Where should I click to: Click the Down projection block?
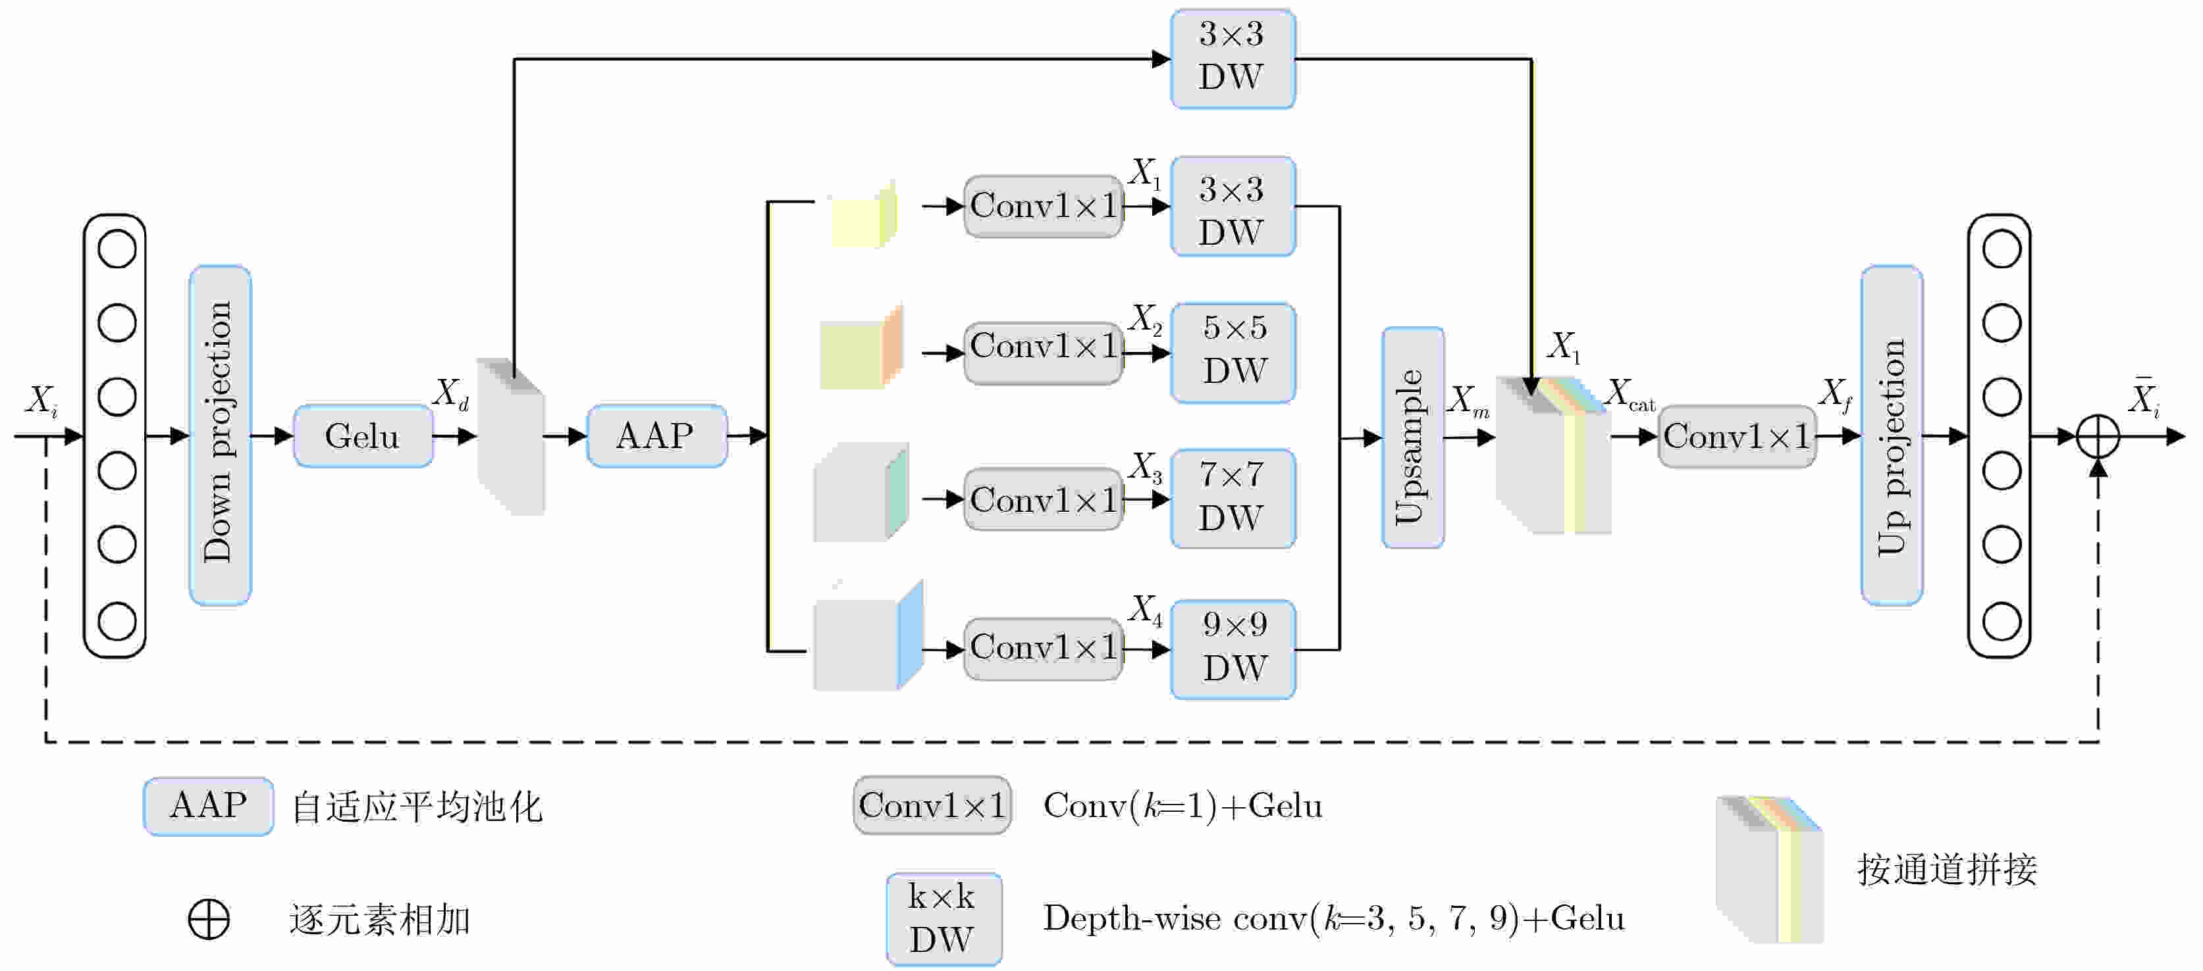coord(220,434)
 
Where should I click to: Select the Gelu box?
coord(363,436)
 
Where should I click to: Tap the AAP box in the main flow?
coord(656,436)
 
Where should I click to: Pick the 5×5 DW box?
coord(1233,351)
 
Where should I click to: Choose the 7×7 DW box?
coord(1233,497)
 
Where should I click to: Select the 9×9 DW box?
coord(1233,649)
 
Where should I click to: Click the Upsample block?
coord(1412,437)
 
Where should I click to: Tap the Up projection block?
coord(1891,434)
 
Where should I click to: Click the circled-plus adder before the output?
coord(2097,437)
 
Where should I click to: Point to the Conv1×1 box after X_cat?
coord(1736,437)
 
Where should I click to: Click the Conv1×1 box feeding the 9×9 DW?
coord(1042,649)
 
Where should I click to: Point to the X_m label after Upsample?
coord(1468,401)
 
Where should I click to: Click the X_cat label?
coord(1629,396)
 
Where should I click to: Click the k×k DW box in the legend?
coord(943,918)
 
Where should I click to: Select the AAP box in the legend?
coord(208,805)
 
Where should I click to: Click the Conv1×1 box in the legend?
coord(932,805)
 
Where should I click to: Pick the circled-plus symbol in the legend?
coord(209,919)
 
